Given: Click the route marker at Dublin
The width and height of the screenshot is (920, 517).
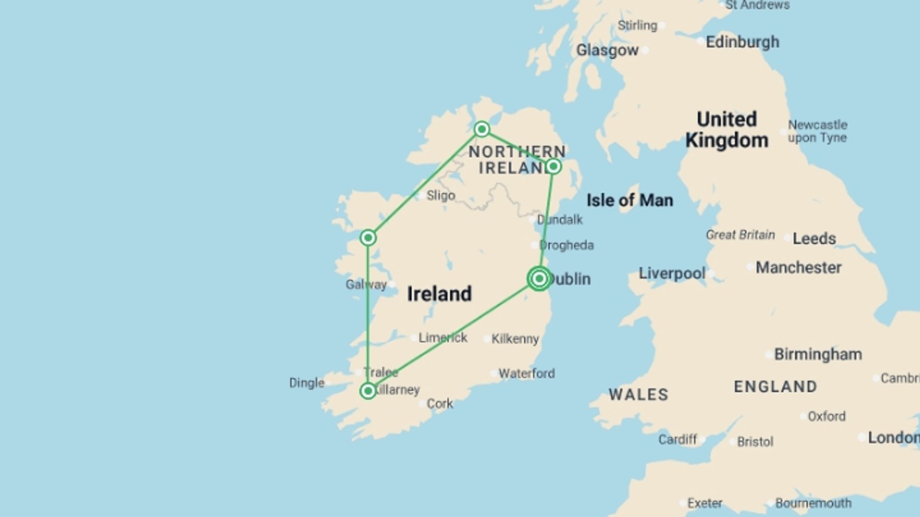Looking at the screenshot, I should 539,279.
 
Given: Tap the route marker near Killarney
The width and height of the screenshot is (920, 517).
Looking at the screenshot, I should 368,391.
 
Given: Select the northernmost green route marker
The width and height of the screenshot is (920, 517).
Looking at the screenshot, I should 482,129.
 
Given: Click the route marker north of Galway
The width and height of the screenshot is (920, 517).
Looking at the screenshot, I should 368,237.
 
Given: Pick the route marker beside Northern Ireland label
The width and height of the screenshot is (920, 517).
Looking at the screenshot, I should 553,166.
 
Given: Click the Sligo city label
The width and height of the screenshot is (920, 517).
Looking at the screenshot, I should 440,195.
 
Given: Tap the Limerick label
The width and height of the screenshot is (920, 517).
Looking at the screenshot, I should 443,338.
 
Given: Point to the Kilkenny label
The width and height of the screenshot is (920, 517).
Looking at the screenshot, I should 515,339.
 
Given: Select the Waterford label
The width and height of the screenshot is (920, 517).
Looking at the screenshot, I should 527,373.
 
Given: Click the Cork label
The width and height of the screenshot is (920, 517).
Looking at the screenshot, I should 439,404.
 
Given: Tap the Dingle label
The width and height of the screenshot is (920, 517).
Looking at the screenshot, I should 307,383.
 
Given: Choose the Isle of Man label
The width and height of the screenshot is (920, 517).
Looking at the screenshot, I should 630,200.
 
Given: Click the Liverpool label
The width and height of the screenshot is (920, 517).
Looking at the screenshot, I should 672,273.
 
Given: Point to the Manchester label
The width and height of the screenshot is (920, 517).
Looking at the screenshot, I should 798,268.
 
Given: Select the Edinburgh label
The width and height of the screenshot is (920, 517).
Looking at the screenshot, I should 742,42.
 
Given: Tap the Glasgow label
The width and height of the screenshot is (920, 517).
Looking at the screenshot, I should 607,50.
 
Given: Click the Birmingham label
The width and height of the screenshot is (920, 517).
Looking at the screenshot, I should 818,354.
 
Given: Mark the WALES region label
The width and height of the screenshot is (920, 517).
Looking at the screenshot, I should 638,394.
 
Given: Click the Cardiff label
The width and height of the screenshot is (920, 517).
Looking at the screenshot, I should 677,439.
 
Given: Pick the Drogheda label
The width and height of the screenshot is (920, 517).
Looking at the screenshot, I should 566,245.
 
